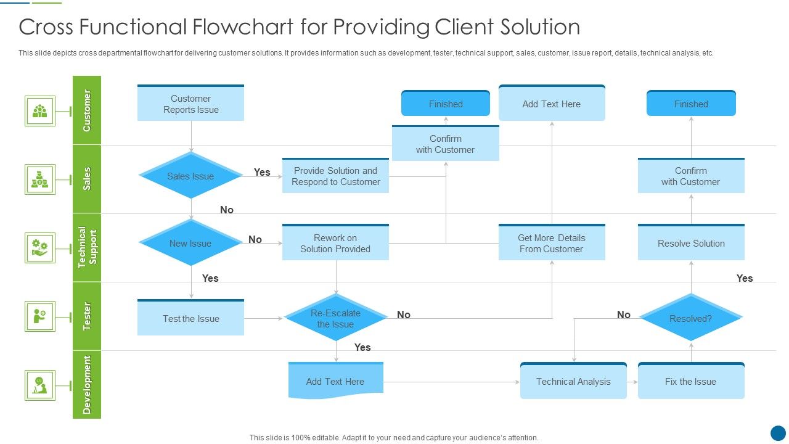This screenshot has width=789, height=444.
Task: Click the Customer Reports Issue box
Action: (x=190, y=104)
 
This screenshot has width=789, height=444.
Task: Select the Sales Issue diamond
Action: (x=190, y=176)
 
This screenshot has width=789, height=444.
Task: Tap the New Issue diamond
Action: (x=190, y=244)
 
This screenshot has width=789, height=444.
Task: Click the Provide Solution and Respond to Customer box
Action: (x=335, y=176)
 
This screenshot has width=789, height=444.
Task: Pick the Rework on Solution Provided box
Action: (x=335, y=243)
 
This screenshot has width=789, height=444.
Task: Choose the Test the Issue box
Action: (x=190, y=318)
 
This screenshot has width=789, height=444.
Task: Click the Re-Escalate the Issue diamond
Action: (x=335, y=318)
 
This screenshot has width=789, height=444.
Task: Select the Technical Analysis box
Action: (x=573, y=381)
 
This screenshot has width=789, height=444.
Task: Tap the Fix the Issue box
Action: (x=690, y=381)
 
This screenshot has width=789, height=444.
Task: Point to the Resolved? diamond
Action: (x=690, y=318)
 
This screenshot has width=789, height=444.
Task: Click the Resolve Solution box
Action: (x=690, y=243)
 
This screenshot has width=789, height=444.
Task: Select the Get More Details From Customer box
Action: (x=551, y=243)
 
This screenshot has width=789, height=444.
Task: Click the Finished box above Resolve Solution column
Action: (x=690, y=104)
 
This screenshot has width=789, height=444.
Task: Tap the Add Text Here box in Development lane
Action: (x=335, y=381)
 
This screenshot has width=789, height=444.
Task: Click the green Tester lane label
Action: (x=87, y=316)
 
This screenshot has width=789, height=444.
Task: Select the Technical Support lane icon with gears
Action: (x=40, y=247)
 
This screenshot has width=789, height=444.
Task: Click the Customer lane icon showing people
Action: (x=40, y=111)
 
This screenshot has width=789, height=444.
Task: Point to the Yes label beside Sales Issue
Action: (x=262, y=173)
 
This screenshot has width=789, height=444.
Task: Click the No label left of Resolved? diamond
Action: (x=624, y=315)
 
